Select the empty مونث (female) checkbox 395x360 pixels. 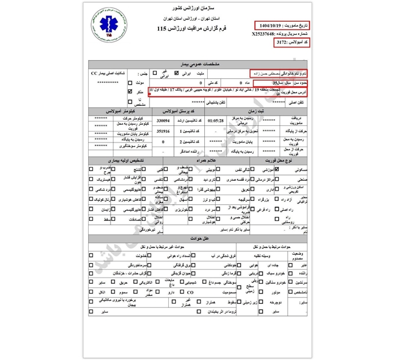[130, 82]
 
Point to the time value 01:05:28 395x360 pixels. [216, 121]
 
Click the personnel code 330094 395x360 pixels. [163, 121]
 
